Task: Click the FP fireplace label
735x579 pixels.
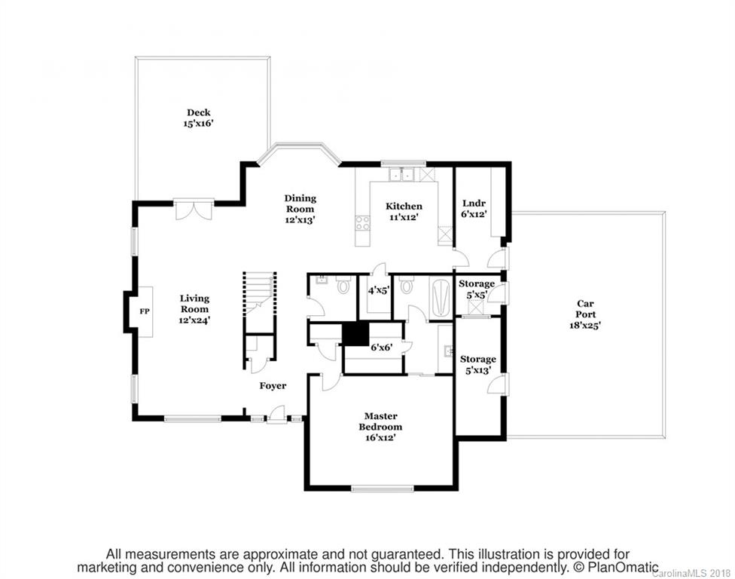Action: [144, 310]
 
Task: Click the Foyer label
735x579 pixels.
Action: [273, 386]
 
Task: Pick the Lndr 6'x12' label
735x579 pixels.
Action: [474, 208]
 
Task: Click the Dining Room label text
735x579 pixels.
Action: [300, 209]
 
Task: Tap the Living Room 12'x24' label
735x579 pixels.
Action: [194, 308]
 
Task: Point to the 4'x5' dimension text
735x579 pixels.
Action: [377, 289]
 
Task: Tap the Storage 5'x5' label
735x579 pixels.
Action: [477, 289]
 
